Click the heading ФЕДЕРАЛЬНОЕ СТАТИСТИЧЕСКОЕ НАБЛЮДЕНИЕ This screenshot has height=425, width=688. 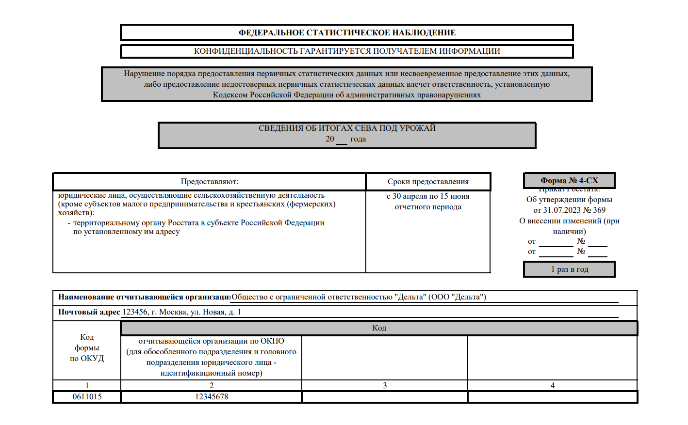pyautogui.click(x=347, y=32)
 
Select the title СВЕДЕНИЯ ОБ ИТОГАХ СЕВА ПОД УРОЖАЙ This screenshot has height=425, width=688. pyautogui.click(x=347, y=128)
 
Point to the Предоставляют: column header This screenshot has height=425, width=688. pyautogui.click(x=210, y=182)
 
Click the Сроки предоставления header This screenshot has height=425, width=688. pyautogui.click(x=428, y=182)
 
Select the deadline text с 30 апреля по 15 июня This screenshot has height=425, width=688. pyautogui.click(x=428, y=196)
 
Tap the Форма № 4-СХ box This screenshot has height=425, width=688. pyautogui.click(x=569, y=180)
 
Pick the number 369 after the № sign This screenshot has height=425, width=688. pyautogui.click(x=599, y=210)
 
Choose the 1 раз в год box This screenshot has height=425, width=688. pyautogui.click(x=569, y=269)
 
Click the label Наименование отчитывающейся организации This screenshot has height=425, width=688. pyautogui.click(x=144, y=297)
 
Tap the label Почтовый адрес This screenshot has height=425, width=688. pyautogui.click(x=89, y=312)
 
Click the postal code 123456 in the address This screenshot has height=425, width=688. pyautogui.click(x=134, y=312)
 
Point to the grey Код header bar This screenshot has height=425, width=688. pyautogui.click(x=379, y=328)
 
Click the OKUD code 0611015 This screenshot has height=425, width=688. pyautogui.click(x=87, y=397)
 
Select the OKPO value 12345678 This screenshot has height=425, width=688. pyautogui.click(x=212, y=397)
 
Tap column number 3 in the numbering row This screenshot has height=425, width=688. pyautogui.click(x=385, y=386)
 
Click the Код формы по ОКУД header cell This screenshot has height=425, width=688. pyautogui.click(x=87, y=347)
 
